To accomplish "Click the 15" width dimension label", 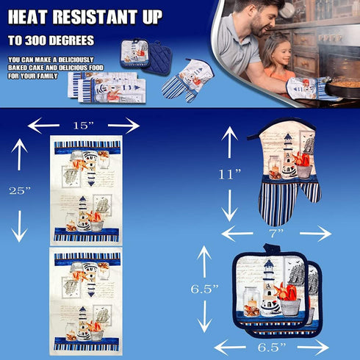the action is tap(84, 126).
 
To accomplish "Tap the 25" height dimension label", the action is tap(20, 190).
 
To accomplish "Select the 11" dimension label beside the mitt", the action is tap(230, 174).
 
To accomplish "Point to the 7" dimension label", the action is tap(277, 234).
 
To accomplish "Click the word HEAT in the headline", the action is tap(28, 17).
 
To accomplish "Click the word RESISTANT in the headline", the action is tap(95, 17).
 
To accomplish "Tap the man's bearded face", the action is tap(259, 21).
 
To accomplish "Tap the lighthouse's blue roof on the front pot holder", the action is tap(269, 264).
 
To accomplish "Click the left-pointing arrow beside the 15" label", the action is tap(43, 126).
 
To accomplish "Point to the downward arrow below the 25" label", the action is tap(19, 226).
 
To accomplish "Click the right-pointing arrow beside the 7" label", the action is tap(316, 234).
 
